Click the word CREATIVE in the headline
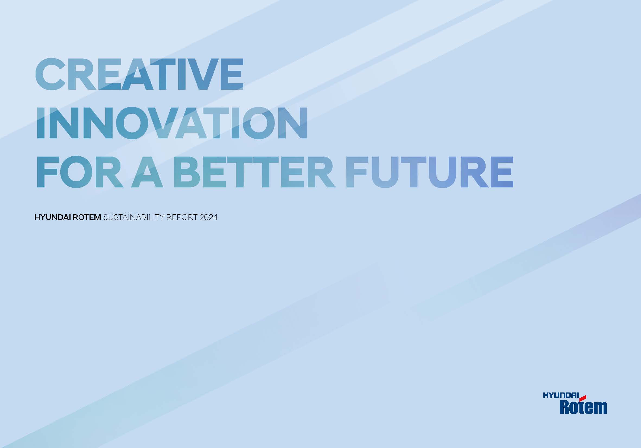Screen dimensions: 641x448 click(139, 74)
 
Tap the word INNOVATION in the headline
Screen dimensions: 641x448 click(172, 123)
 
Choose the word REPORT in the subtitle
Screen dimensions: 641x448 click(182, 217)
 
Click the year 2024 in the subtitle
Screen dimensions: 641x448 click(209, 217)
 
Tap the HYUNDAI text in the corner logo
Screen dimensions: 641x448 click(561, 396)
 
